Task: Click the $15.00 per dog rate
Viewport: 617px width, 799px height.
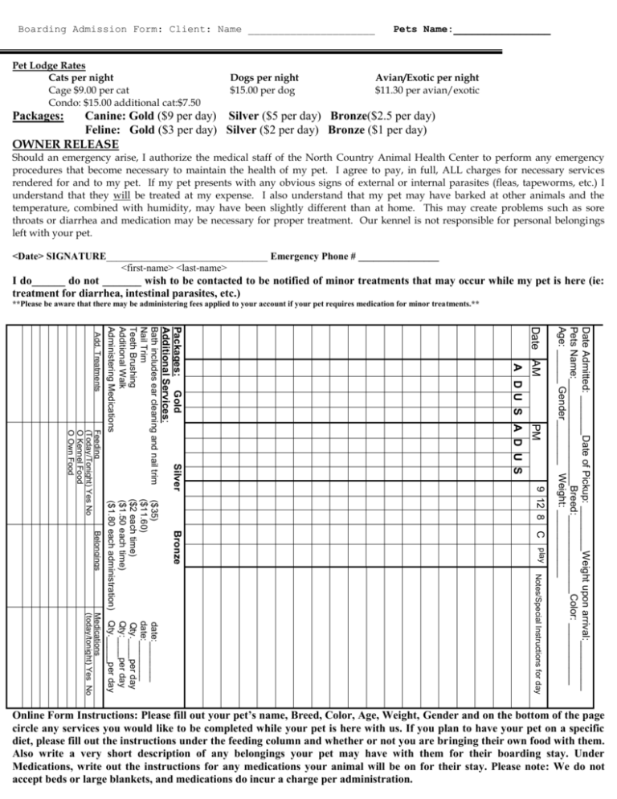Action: click(x=262, y=91)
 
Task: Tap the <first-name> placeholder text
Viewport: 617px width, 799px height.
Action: click(x=145, y=267)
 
